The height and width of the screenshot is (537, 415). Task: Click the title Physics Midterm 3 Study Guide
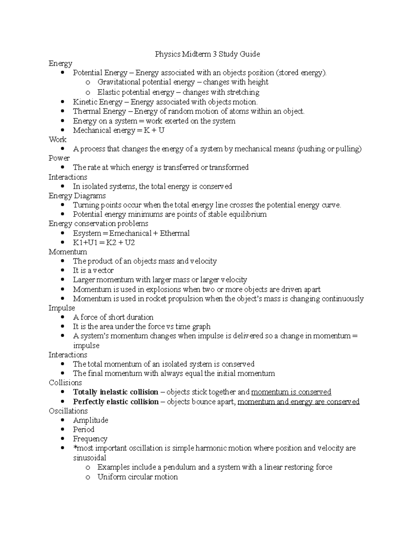point(207,54)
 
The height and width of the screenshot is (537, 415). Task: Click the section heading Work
point(57,139)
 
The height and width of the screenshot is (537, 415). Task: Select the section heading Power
point(59,158)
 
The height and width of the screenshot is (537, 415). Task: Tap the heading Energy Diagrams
point(77,196)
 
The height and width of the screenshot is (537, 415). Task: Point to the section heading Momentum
point(68,252)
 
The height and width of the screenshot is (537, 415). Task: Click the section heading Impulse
point(62,308)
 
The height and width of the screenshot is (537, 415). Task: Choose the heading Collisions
point(65,382)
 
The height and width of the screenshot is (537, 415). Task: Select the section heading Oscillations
point(68,411)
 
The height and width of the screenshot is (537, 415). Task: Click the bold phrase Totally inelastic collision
point(116,392)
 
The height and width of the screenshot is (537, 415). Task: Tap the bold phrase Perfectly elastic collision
point(116,401)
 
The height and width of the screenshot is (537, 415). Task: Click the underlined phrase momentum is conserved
point(291,392)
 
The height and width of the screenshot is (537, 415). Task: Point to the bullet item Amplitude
point(91,420)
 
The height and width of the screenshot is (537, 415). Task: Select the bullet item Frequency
point(90,439)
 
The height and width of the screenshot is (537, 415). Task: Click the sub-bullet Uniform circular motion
point(137,477)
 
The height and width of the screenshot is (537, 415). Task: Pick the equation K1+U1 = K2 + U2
point(104,242)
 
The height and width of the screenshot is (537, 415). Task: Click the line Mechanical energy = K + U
point(118,130)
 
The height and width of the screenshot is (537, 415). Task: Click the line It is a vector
point(93,270)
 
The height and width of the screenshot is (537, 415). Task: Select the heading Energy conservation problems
point(98,223)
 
